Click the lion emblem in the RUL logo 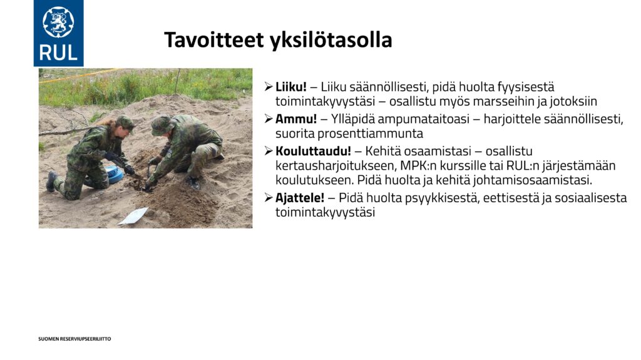pos(58,22)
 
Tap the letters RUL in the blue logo pos(58,53)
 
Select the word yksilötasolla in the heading pos(331,40)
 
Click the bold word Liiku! pos(290,87)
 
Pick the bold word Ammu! pos(296,119)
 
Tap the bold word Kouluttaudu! pos(313,151)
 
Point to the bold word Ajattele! pos(300,198)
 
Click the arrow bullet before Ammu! pos(268,119)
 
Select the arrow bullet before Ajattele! pos(268,198)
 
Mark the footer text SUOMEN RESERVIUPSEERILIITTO pos(75,339)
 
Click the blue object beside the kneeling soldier pos(115,175)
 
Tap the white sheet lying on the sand pos(134,216)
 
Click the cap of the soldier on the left pos(126,123)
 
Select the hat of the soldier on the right pos(162,125)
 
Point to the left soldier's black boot pos(51,181)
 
